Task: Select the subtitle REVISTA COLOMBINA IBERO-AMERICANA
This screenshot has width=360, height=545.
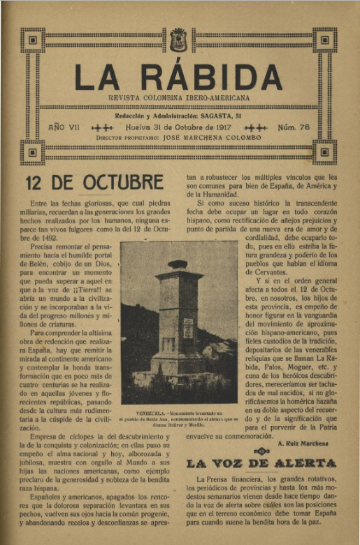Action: pos(179,99)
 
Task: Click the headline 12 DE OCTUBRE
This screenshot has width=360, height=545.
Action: pos(94,183)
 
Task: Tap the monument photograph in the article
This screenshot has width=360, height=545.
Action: pos(179,323)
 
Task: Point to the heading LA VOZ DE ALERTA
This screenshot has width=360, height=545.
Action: pos(261,463)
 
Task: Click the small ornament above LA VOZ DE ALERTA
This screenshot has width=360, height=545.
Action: pos(261,451)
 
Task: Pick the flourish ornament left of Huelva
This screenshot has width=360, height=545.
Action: pos(102,128)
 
